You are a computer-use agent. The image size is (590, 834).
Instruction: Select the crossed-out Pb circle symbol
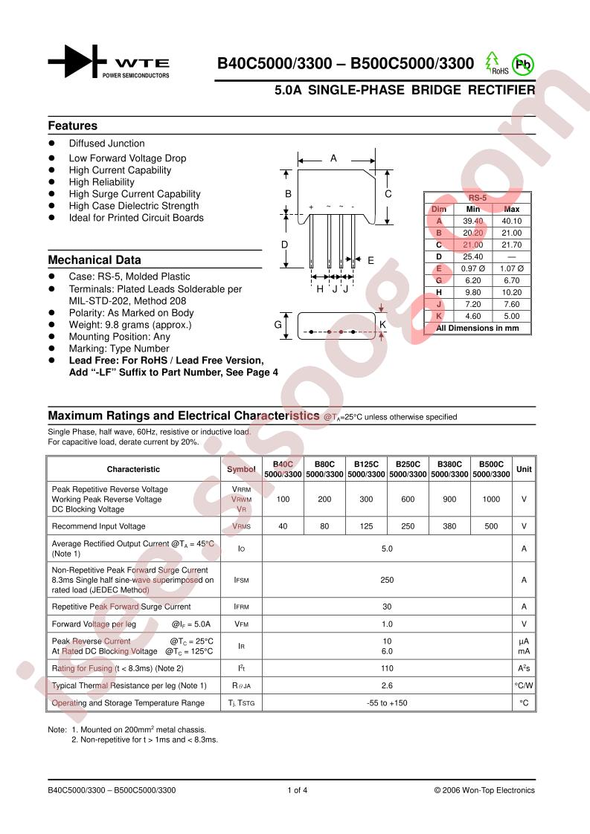pos(524,64)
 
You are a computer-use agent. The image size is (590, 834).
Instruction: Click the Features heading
pos(73,126)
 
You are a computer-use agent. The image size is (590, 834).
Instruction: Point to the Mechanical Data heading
pos(94,260)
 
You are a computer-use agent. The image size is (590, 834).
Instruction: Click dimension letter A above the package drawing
pos(334,158)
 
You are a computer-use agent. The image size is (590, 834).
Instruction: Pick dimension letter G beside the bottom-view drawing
pos(277,325)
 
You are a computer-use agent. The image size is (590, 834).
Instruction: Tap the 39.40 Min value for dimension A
pos(473,221)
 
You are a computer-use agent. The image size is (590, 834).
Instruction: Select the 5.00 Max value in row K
pos(512,316)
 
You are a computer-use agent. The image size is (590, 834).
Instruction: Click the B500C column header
pos(491,464)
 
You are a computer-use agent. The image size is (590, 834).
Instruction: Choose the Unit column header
pos(524,469)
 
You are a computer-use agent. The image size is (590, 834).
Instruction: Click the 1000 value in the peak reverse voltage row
pos(491,500)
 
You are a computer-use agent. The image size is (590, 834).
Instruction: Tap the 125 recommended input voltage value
pos(366,526)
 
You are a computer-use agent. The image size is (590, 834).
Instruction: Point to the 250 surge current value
pos(387,579)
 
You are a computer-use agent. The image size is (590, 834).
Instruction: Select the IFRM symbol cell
pos(241,607)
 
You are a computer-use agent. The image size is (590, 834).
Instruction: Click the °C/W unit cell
pos(524,685)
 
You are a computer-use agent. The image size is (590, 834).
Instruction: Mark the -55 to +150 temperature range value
pos(387,702)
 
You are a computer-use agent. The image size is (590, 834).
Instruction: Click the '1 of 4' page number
pos(297,790)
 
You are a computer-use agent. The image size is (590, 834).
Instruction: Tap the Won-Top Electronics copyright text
pos(484,790)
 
